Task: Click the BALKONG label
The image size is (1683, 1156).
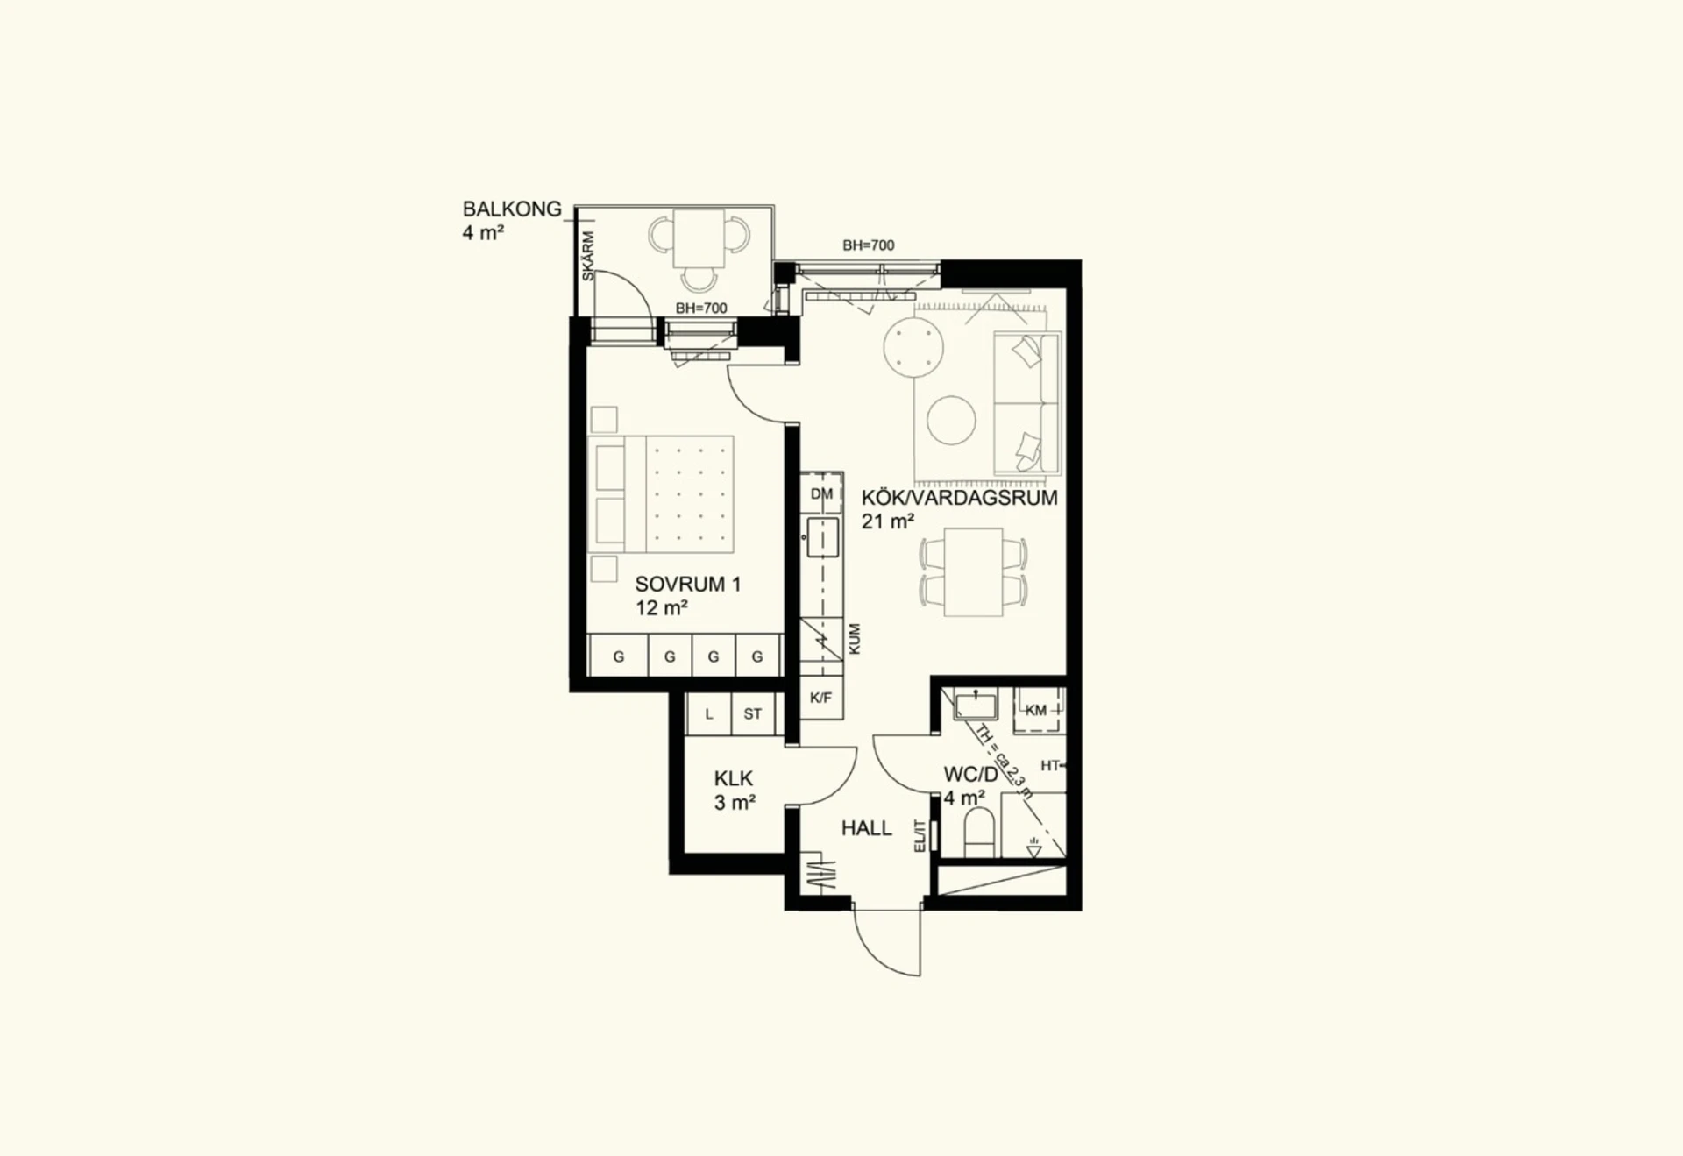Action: pyautogui.click(x=512, y=209)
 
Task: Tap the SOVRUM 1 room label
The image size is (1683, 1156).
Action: pyautogui.click(x=688, y=585)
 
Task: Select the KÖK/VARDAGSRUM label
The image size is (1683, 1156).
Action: pyautogui.click(x=959, y=498)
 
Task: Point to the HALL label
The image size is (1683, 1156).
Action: pyautogui.click(x=866, y=828)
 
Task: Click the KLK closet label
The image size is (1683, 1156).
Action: pyautogui.click(x=734, y=778)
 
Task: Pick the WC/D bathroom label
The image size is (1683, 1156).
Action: pyautogui.click(x=970, y=775)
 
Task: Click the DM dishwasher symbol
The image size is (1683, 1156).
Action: pyautogui.click(x=821, y=493)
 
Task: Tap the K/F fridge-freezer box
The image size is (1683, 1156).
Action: pyautogui.click(x=821, y=699)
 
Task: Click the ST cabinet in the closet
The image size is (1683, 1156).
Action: pyautogui.click(x=753, y=713)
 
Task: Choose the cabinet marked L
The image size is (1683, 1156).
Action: pyautogui.click(x=709, y=713)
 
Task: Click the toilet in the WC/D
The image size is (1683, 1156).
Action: pyautogui.click(x=980, y=833)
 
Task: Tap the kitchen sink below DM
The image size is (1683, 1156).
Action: pyautogui.click(x=822, y=537)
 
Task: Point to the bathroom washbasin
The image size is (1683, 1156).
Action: pyautogui.click(x=976, y=705)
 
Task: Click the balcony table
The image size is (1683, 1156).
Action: pyautogui.click(x=699, y=238)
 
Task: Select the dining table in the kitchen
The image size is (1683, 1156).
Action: pyautogui.click(x=973, y=572)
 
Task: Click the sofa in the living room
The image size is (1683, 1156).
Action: pyautogui.click(x=1027, y=402)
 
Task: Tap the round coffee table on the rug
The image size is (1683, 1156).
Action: pyautogui.click(x=951, y=421)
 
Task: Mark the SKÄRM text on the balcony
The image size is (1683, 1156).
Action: pyautogui.click(x=588, y=256)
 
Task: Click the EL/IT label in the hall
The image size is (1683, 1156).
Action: pyautogui.click(x=920, y=836)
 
